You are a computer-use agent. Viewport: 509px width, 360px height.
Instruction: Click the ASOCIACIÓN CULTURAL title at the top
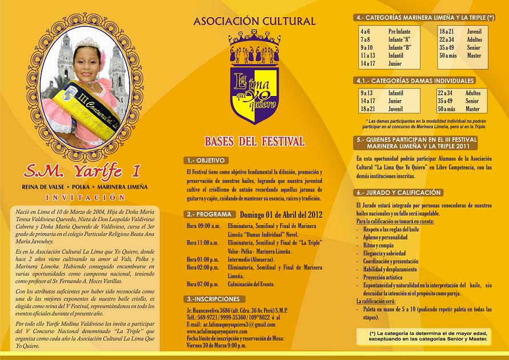[x=254, y=22]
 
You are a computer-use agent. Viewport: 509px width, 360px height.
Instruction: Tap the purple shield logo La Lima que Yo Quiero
[x=254, y=91]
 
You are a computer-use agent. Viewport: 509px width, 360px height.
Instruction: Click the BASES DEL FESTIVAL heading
[x=255, y=141]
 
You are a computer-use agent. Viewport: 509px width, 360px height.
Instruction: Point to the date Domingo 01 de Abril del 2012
[x=281, y=215]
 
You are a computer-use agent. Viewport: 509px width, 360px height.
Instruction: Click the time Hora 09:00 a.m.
[x=203, y=226]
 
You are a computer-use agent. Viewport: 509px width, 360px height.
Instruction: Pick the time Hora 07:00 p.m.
[x=203, y=284]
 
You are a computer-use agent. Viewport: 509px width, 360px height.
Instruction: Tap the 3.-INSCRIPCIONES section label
[x=213, y=299]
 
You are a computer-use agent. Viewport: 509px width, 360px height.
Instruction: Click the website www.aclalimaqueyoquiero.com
[x=217, y=331]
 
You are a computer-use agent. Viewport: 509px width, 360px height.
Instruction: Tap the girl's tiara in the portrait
[x=87, y=43]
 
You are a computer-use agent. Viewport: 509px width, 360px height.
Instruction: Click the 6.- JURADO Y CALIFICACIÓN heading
[x=399, y=193]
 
